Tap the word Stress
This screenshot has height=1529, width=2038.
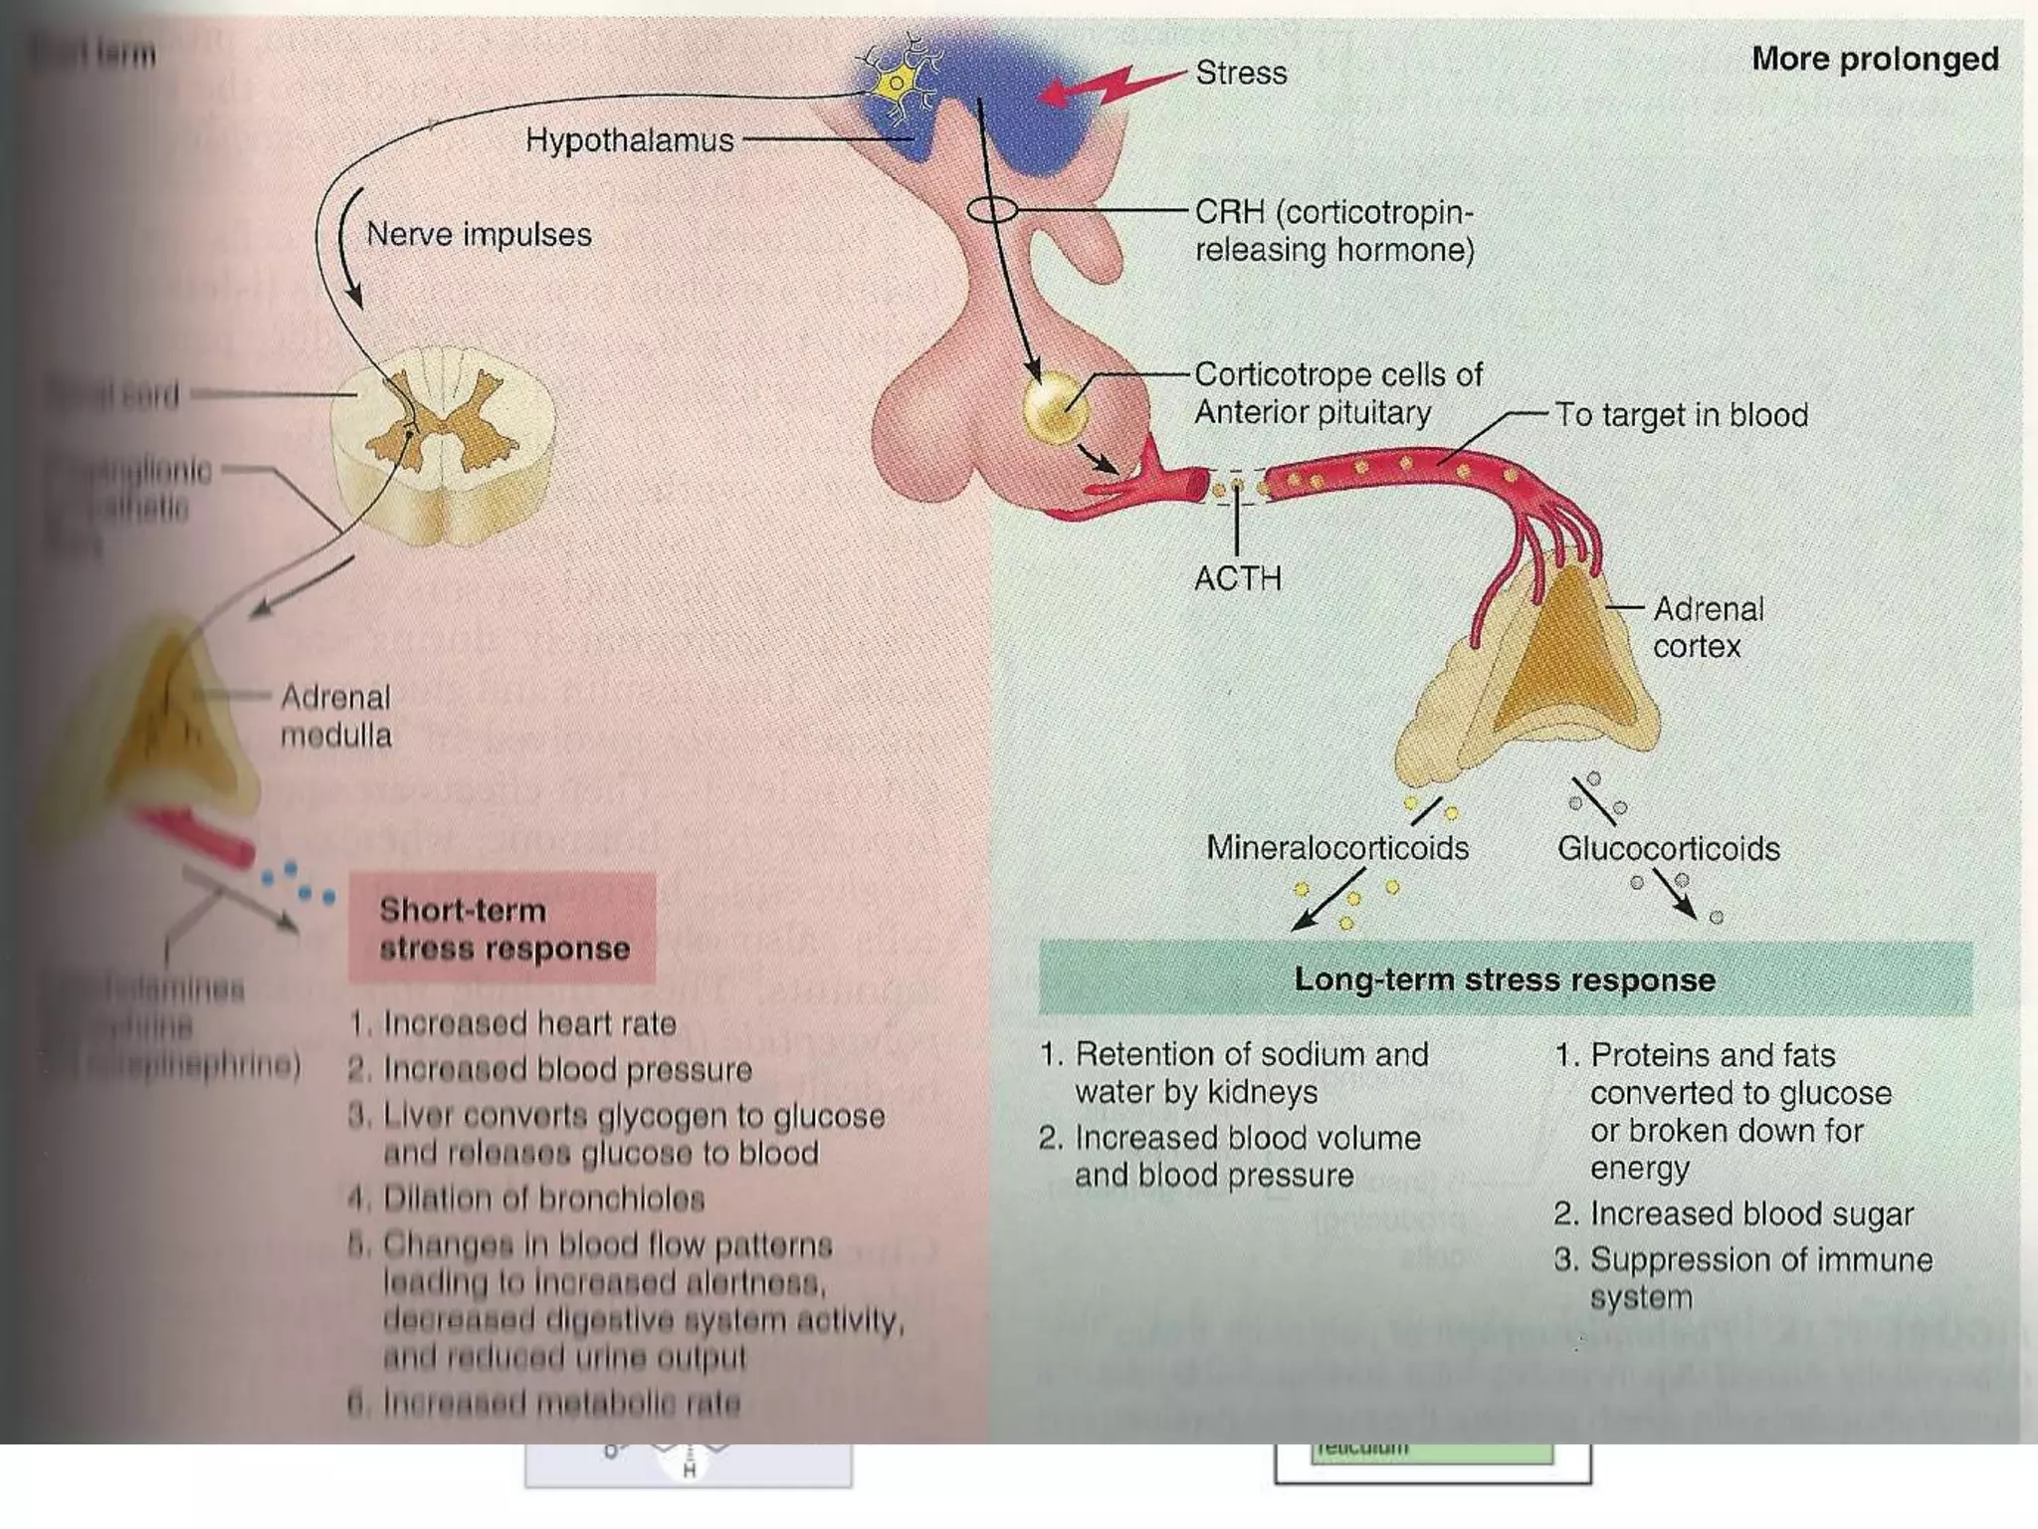(1241, 73)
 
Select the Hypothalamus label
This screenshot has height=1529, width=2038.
(629, 140)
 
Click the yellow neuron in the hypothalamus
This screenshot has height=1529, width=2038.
(898, 82)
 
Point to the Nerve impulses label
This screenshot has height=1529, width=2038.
(479, 235)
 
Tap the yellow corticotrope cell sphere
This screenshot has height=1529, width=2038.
(1055, 407)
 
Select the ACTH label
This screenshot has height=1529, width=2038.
(1237, 577)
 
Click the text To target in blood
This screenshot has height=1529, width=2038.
(1682, 415)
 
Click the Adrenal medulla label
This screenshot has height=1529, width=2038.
(335, 716)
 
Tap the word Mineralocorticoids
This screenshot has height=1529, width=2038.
(1336, 848)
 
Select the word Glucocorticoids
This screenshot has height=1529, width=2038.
(1668, 849)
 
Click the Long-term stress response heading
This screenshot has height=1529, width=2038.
(1504, 980)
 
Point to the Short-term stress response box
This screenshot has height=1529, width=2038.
(504, 929)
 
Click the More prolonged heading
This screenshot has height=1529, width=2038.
(1875, 59)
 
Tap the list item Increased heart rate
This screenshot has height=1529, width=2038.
(528, 1023)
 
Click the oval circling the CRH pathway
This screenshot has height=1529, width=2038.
(992, 210)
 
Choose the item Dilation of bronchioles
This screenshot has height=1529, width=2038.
(543, 1199)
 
